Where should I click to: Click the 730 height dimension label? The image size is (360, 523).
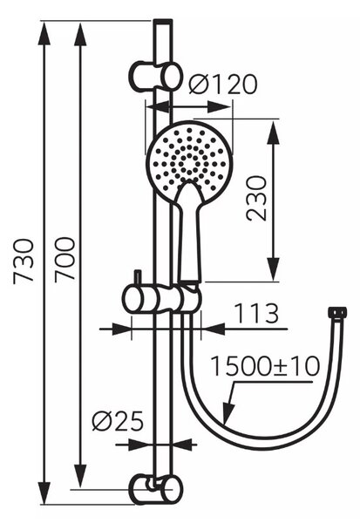click(x=24, y=261)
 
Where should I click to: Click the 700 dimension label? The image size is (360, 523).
click(x=65, y=260)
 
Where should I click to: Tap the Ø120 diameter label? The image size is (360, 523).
click(x=223, y=85)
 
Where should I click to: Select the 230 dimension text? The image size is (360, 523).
click(x=256, y=199)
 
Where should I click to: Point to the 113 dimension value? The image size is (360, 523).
click(x=256, y=313)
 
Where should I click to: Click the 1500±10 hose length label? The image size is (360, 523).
click(x=265, y=366)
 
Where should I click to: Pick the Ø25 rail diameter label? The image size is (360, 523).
click(x=118, y=420)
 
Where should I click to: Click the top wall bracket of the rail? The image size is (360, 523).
click(x=156, y=76)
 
